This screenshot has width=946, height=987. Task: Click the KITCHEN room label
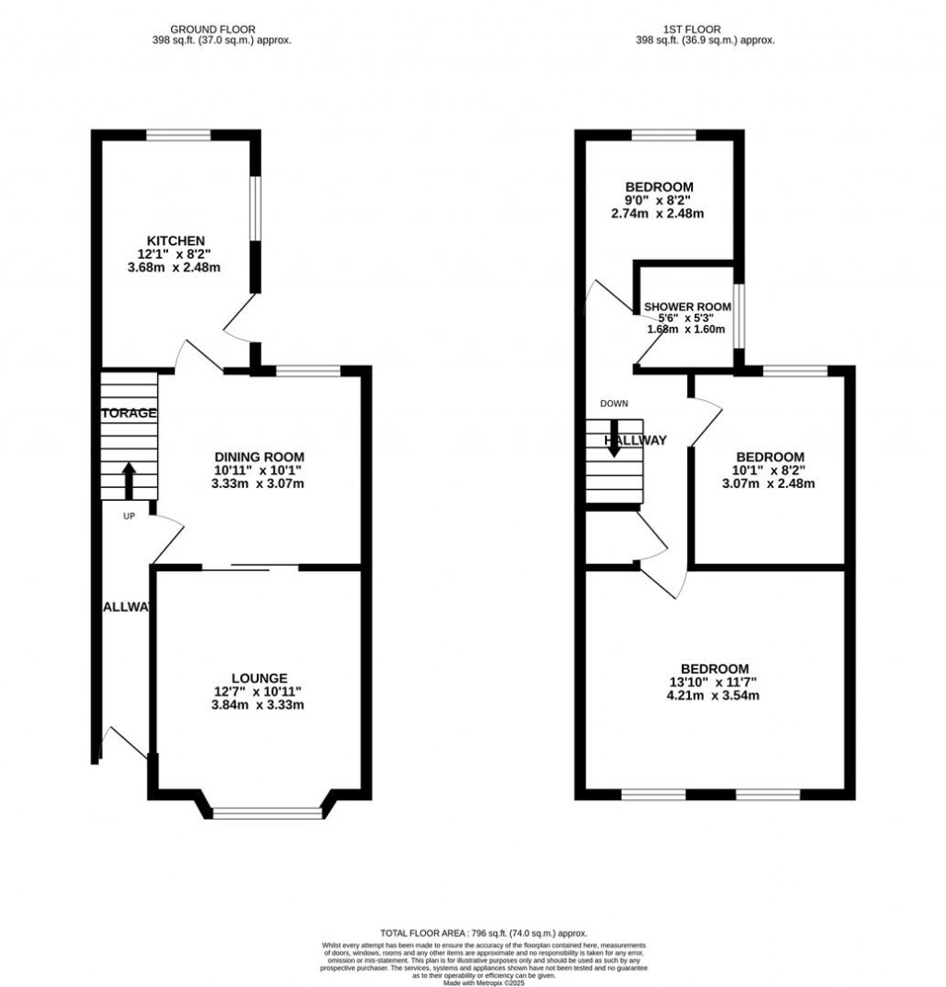[180, 240]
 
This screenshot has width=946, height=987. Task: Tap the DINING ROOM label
[259, 457]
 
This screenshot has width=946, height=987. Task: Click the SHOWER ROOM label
[687, 307]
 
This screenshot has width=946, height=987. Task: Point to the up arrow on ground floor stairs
[128, 481]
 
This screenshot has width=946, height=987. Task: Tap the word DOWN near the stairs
[613, 404]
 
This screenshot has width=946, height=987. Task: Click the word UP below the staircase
[129, 516]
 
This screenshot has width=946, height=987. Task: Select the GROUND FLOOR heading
[213, 30]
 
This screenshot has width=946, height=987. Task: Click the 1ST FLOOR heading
[705, 30]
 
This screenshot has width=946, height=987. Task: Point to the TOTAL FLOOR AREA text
[483, 934]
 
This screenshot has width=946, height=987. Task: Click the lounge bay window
[267, 813]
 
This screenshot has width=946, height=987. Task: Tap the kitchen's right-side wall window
[258, 209]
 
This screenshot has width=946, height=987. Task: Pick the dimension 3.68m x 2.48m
[180, 268]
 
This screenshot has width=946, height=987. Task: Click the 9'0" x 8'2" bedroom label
[657, 201]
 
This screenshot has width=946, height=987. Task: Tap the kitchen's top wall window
[177, 135]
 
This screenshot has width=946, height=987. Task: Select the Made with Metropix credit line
[483, 982]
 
